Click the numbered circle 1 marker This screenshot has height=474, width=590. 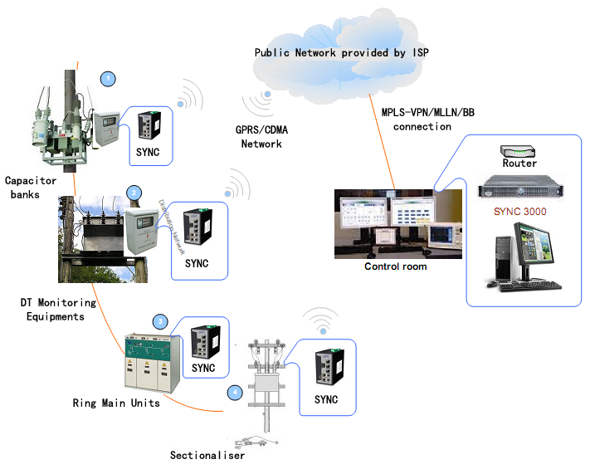tap(107, 79)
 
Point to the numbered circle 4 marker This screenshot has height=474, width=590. tap(236, 391)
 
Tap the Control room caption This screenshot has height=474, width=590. tap(396, 266)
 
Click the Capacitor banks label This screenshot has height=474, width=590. tap(31, 187)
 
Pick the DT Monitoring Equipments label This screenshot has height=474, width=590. tap(58, 309)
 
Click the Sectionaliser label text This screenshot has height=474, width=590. tap(207, 455)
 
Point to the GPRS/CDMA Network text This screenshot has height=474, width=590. tap(261, 137)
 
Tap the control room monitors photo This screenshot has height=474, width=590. tap(395, 224)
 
